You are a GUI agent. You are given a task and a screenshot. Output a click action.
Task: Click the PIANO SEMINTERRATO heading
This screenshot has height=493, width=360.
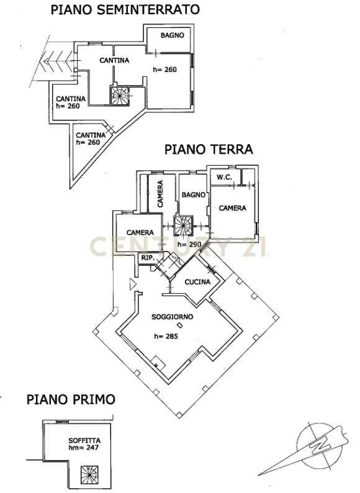click(125, 9)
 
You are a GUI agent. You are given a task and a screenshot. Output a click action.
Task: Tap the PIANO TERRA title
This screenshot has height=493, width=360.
click(209, 150)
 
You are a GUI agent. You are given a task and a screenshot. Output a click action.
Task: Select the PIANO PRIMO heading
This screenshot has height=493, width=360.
click(71, 399)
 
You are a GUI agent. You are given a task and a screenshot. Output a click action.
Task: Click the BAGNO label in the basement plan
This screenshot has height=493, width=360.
click(173, 35)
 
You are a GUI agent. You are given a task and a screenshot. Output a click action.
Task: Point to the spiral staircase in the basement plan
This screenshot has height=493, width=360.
click(119, 96)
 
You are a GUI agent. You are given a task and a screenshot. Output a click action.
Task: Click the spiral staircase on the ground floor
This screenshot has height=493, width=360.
click(184, 225)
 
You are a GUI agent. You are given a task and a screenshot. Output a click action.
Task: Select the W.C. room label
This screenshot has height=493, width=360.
click(225, 178)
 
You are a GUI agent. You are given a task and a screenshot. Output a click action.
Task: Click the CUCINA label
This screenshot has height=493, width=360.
click(197, 282)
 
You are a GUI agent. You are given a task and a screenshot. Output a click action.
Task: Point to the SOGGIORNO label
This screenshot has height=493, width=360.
click(173, 317)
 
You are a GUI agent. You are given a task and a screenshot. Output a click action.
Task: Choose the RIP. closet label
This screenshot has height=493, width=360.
click(148, 258)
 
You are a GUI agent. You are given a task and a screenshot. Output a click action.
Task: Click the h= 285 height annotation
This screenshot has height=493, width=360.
click(166, 336)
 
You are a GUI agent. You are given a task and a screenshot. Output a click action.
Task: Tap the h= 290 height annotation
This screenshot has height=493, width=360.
click(189, 244)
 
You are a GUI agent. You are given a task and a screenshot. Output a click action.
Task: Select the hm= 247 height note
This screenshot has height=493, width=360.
click(84, 448)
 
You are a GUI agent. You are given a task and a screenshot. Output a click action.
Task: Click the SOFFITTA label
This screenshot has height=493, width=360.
click(84, 440)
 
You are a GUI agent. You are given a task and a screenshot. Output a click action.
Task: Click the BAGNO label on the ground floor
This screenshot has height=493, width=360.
click(194, 195)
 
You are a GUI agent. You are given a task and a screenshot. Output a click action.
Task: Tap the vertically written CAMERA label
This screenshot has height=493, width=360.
click(160, 194)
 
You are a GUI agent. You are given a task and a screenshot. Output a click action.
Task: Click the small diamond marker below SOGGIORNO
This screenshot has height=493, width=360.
click(179, 325)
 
